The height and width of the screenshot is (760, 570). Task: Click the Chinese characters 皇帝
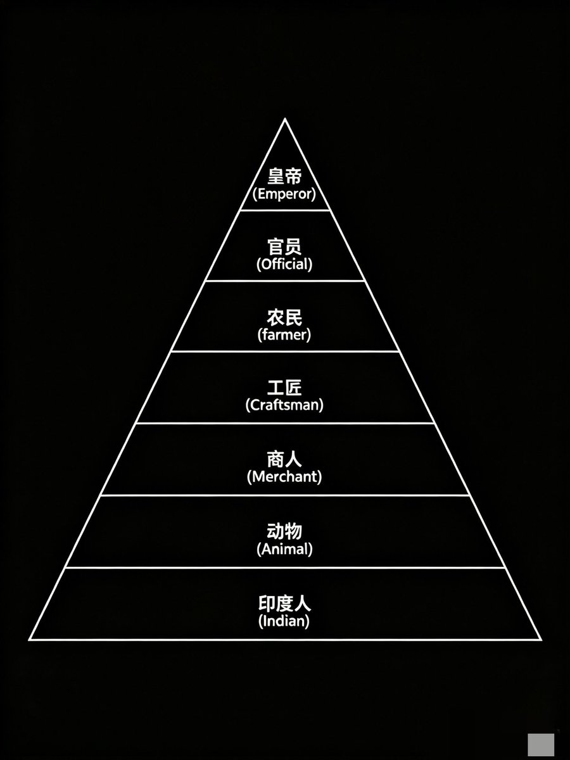[x=284, y=176]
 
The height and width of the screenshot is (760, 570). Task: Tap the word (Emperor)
[x=284, y=194]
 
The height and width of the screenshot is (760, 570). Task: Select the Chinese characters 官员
[x=284, y=246]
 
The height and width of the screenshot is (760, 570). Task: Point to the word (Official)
[x=284, y=265]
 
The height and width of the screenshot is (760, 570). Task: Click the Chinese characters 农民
[x=284, y=317]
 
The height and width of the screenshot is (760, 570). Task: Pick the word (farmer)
[x=284, y=335]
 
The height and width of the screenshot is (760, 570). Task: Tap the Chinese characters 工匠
[x=284, y=388]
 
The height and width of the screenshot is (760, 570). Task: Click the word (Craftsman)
[x=284, y=405]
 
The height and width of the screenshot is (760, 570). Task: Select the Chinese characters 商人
[x=284, y=459]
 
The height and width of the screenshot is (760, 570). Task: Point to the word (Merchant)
[x=284, y=477]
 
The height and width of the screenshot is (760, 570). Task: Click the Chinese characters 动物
[x=284, y=531]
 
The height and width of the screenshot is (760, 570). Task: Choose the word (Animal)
[x=284, y=549]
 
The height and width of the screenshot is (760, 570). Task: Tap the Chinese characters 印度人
[x=284, y=604]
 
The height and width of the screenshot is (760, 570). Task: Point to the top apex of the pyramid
[x=285, y=119]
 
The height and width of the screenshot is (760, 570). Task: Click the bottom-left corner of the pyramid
[x=30, y=639]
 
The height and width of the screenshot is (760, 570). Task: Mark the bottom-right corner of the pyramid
[x=541, y=639]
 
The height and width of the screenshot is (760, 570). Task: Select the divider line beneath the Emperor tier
[x=285, y=210]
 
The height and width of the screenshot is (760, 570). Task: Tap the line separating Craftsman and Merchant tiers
[x=285, y=423]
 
